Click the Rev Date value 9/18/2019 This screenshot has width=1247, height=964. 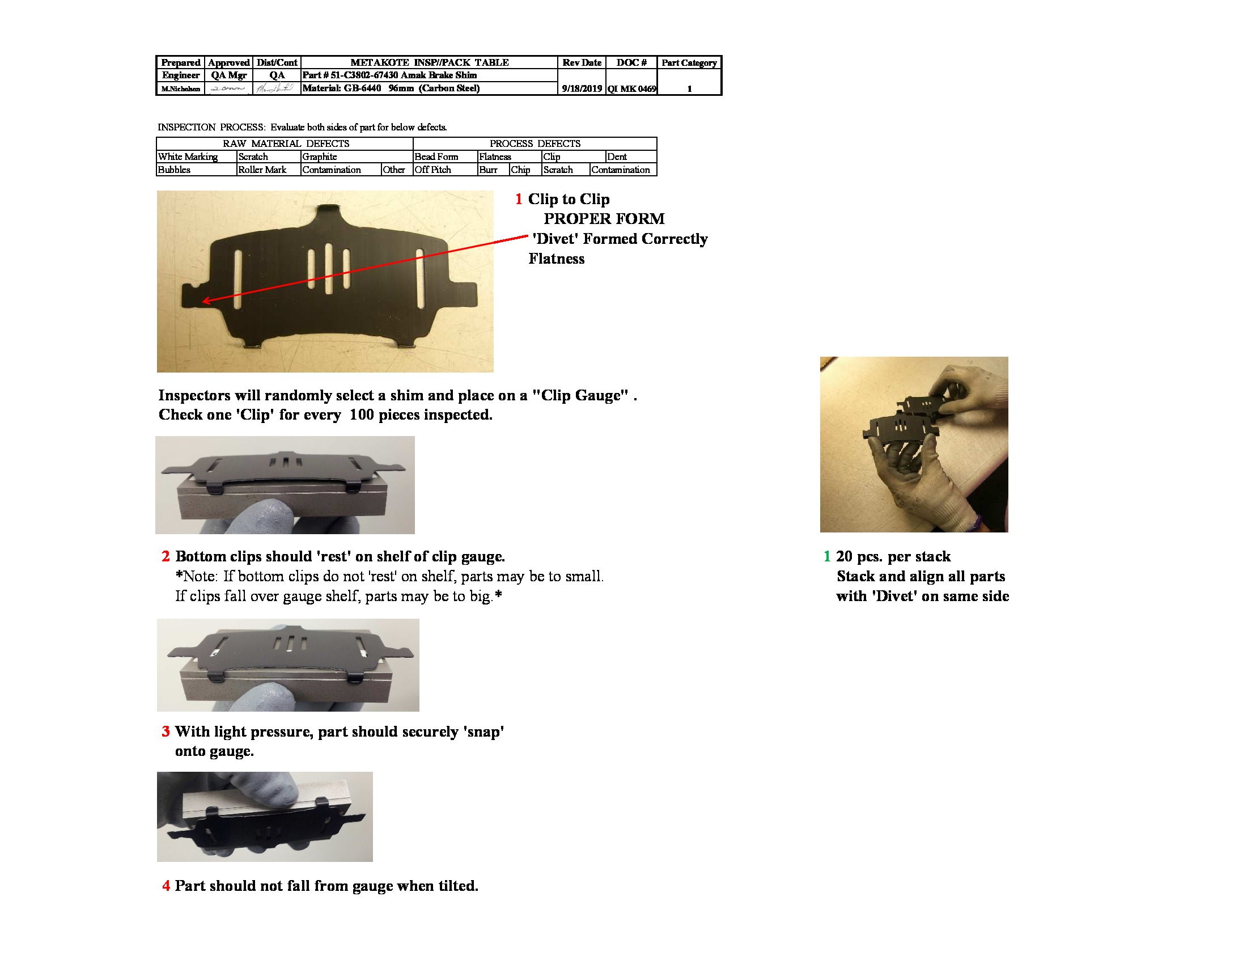pos(581,88)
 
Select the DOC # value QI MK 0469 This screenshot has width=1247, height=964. pos(631,88)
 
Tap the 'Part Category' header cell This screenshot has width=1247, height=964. pos(689,63)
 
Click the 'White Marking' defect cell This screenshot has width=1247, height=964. pos(188,157)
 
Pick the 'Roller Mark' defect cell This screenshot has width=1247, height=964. pos(262,170)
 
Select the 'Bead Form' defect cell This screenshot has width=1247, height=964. pos(436,157)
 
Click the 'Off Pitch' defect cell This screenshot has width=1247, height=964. pos(433,170)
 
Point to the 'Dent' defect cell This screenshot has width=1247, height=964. pos(617,157)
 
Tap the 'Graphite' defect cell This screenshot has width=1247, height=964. pos(320,157)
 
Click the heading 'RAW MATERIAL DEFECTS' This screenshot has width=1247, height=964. pos(286,143)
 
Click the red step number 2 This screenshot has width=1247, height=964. pos(166,556)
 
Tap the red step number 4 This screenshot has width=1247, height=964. pos(166,886)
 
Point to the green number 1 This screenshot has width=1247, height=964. pos(826,556)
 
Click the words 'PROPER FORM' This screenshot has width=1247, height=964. pos(604,219)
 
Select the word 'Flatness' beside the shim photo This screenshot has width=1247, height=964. pos(556,259)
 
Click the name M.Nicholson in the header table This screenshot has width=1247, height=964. pos(180,89)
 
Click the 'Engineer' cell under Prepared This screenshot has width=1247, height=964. pos(180,75)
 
